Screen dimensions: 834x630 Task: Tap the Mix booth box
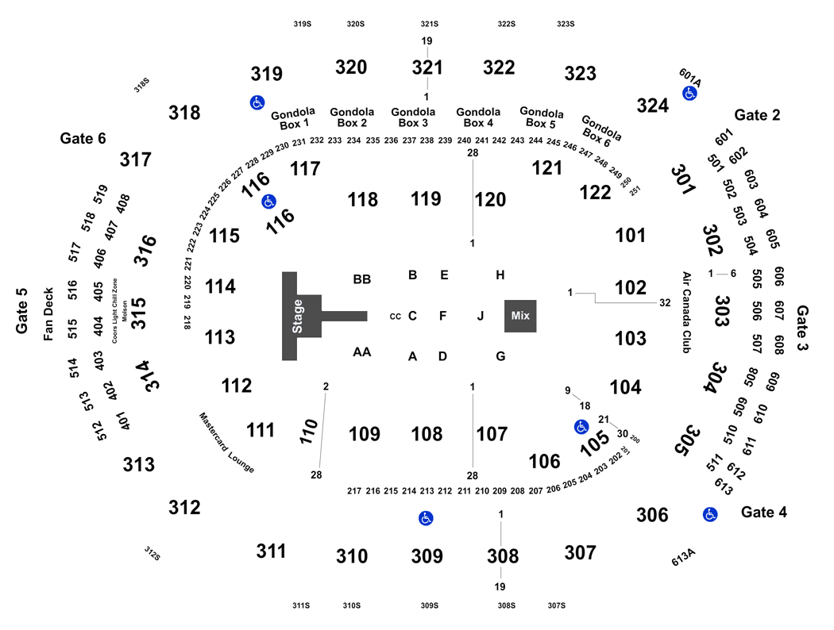[520, 316]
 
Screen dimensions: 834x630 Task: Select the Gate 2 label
[757, 115]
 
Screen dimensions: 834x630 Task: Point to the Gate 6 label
[83, 139]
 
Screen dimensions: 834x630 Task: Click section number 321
[427, 67]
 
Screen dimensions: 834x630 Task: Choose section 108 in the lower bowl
[427, 434]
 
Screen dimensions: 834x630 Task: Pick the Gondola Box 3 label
[413, 117]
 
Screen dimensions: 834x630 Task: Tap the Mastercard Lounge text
[226, 443]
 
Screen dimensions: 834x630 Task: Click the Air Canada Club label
[687, 313]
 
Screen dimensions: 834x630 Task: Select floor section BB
[361, 279]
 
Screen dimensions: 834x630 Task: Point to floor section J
[481, 316]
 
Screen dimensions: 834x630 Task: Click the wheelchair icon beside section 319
[257, 102]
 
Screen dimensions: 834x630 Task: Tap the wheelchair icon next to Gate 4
[710, 514]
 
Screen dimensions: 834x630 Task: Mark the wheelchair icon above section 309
[426, 518]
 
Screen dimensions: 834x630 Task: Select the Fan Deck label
[48, 314]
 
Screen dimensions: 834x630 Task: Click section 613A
[683, 557]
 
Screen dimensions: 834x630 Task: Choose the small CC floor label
[396, 317]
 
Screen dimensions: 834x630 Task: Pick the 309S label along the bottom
[430, 605]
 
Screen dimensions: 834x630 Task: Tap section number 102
[631, 287]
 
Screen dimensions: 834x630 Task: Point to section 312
[184, 507]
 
